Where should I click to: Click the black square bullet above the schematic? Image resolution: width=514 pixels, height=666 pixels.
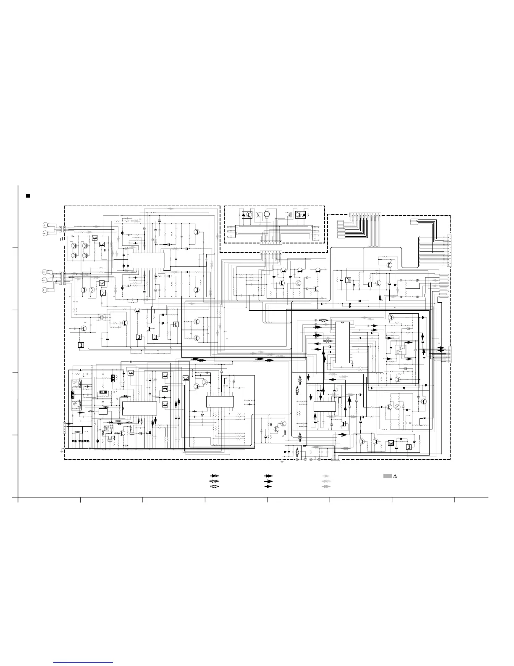[x=28, y=196]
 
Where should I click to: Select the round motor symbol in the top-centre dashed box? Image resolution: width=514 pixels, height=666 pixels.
[x=266, y=214]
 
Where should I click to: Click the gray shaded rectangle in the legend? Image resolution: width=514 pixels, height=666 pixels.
[x=387, y=476]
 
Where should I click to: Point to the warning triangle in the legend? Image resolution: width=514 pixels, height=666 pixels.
[x=395, y=476]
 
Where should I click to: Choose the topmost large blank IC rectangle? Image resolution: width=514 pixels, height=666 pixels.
[x=148, y=261]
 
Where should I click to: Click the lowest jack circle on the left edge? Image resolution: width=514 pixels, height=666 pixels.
[x=45, y=290]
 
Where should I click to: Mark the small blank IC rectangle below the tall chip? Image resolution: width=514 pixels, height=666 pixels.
[x=325, y=407]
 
